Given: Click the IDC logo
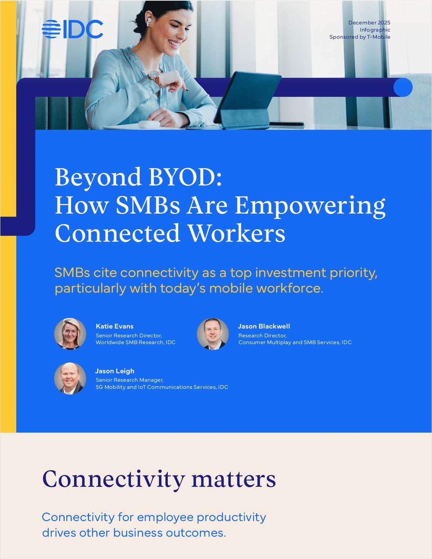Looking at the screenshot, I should pyautogui.click(x=72, y=29).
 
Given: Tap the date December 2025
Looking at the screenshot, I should pyautogui.click(x=369, y=23).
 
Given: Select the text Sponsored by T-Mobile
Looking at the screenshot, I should pyautogui.click(x=360, y=37).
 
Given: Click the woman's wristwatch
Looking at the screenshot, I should pyautogui.click(x=154, y=76).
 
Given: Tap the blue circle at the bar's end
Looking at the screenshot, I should pyautogui.click(x=402, y=87).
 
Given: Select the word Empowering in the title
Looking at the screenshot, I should pyautogui.click(x=310, y=206).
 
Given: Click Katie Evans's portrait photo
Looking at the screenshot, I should pyautogui.click(x=70, y=334).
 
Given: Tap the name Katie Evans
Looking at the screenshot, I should pyautogui.click(x=114, y=326).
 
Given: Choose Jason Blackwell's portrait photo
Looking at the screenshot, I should pyautogui.click(x=213, y=334).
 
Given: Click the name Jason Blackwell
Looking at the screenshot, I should pyautogui.click(x=264, y=326).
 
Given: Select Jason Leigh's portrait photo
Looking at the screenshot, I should pyautogui.click(x=70, y=378).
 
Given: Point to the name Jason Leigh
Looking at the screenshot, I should pyautogui.click(x=114, y=371).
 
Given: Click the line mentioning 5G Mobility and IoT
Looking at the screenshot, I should pyautogui.click(x=162, y=387).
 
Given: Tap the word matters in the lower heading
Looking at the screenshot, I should pyautogui.click(x=233, y=479).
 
